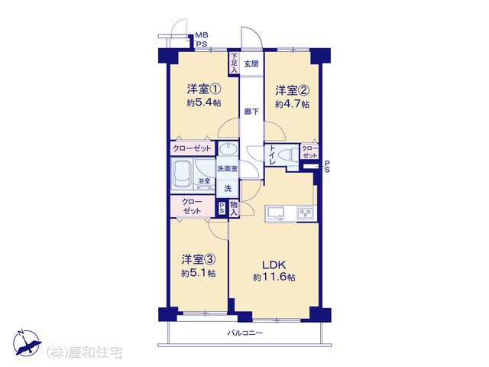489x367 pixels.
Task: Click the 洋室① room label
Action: coord(204,89)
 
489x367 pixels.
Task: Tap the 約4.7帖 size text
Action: coord(292,104)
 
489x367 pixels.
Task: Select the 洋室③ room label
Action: coord(199,259)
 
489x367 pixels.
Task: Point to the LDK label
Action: coord(274,265)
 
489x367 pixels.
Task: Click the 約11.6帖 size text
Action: coord(274,277)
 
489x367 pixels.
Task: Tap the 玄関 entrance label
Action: coord(251,64)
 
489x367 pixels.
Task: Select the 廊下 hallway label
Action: coord(251,111)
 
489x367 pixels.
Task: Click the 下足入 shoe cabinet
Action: coord(234,63)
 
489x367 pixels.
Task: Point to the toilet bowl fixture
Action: coord(289,155)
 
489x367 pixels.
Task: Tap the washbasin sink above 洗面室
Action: coord(228,149)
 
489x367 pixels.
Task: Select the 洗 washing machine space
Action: coord(228,189)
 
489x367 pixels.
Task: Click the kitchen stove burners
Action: coord(306,213)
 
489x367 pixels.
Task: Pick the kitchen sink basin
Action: coord(275,214)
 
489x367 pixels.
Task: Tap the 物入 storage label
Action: coord(234,209)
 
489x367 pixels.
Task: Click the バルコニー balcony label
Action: coord(244,333)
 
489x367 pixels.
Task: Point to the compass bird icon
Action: coord(27,343)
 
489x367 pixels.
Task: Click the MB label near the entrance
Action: coord(202,35)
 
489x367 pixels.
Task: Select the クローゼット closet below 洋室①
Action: coord(193,148)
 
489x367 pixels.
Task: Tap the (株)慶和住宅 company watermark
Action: coord(84,352)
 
